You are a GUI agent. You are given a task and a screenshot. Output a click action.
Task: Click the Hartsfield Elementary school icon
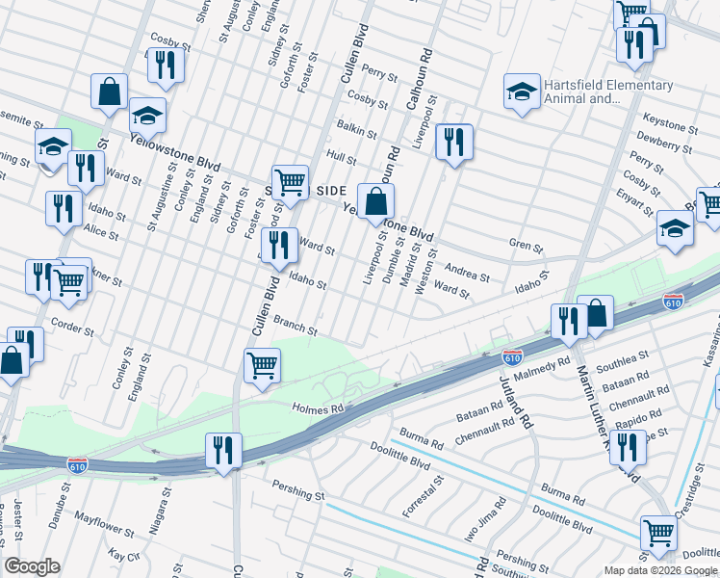[521, 92]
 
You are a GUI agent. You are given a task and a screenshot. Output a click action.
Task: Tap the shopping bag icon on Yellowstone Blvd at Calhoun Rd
[377, 202]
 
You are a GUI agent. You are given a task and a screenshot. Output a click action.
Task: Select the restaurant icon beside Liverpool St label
[452, 143]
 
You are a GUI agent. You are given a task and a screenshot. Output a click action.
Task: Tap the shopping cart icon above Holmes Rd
[262, 366]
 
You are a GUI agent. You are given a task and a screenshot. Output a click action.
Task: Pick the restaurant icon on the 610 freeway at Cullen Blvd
[221, 450]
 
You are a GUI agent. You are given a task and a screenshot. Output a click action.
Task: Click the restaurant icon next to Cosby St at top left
[167, 65]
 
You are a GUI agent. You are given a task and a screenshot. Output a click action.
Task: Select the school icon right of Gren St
[675, 229]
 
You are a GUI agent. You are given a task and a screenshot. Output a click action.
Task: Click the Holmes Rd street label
[318, 408]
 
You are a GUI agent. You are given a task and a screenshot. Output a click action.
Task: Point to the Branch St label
[296, 325]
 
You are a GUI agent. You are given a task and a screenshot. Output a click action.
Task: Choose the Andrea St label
[465, 272]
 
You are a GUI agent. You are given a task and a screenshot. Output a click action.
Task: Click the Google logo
[32, 566]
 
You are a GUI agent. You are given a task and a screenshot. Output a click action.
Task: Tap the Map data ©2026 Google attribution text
[659, 570]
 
